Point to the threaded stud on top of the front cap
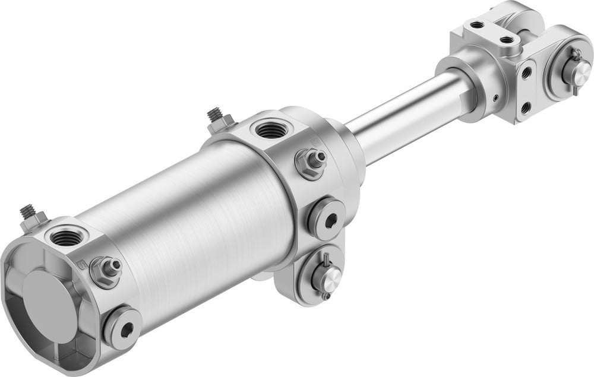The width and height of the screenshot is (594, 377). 214,114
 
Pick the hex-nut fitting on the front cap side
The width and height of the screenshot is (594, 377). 311,162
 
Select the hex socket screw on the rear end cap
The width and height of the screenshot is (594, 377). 122,325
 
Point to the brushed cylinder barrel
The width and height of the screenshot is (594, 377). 190,220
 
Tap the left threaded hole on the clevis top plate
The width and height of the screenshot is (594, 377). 476,26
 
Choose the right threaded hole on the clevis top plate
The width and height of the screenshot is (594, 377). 506,40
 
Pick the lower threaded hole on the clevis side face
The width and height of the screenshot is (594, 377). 525,107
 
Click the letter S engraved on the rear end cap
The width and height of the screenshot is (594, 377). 82,261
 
